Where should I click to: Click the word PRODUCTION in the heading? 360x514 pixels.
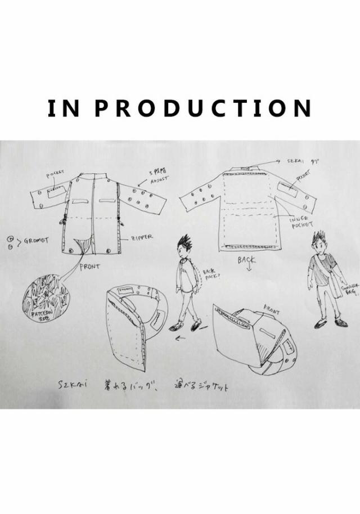[202, 109]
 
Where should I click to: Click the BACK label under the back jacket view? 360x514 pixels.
[246, 260]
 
